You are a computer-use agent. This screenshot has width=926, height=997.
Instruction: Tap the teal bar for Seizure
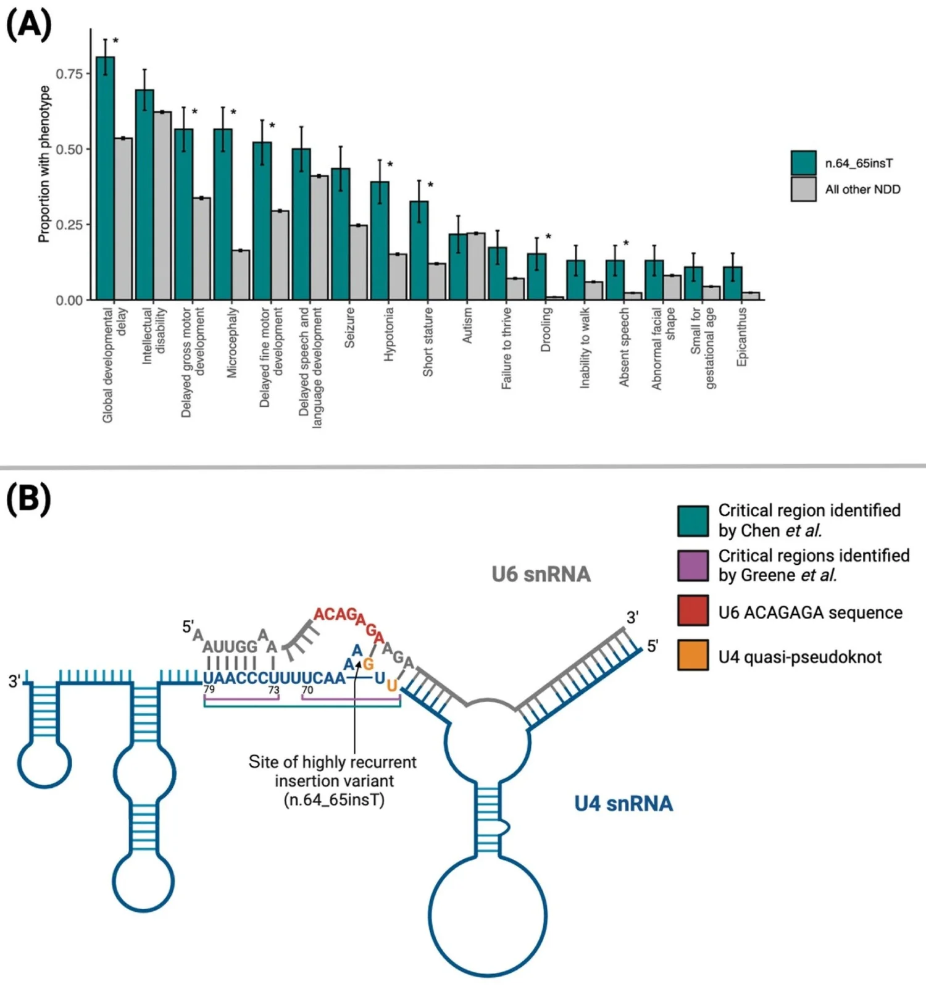click(340, 234)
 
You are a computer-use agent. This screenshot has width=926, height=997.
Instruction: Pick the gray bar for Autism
click(476, 266)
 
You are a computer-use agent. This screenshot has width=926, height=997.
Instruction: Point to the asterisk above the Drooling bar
click(548, 237)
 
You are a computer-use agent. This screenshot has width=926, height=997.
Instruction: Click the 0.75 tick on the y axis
click(69, 74)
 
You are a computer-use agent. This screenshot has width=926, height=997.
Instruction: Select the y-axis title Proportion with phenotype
click(44, 164)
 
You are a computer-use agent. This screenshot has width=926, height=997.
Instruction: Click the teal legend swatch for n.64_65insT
click(803, 163)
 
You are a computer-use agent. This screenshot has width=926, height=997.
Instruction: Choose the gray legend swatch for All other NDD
click(803, 189)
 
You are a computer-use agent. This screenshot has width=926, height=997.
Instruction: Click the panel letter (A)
click(28, 26)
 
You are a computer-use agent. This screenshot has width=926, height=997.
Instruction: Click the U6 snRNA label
click(541, 574)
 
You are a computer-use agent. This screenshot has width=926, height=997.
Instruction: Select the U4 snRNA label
click(624, 803)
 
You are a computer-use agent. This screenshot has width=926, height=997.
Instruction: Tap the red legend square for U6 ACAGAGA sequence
click(693, 611)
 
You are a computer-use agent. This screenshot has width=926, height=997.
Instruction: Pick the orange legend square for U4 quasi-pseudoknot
click(693, 655)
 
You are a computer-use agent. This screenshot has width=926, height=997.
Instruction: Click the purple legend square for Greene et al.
click(693, 565)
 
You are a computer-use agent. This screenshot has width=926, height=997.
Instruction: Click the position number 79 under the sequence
click(209, 690)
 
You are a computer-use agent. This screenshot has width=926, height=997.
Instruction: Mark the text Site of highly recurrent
click(332, 762)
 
